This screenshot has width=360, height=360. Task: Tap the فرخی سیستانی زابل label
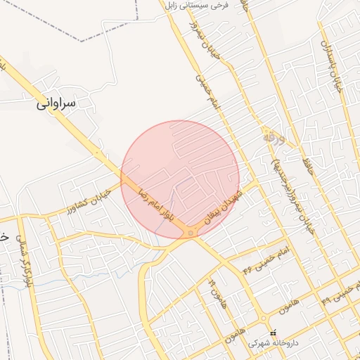point(198,6)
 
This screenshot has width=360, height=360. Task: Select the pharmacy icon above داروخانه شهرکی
point(274,333)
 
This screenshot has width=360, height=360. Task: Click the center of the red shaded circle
point(180,179)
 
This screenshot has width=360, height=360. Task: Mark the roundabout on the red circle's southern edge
point(191,232)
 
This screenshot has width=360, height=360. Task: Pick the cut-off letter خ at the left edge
point(4,238)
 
